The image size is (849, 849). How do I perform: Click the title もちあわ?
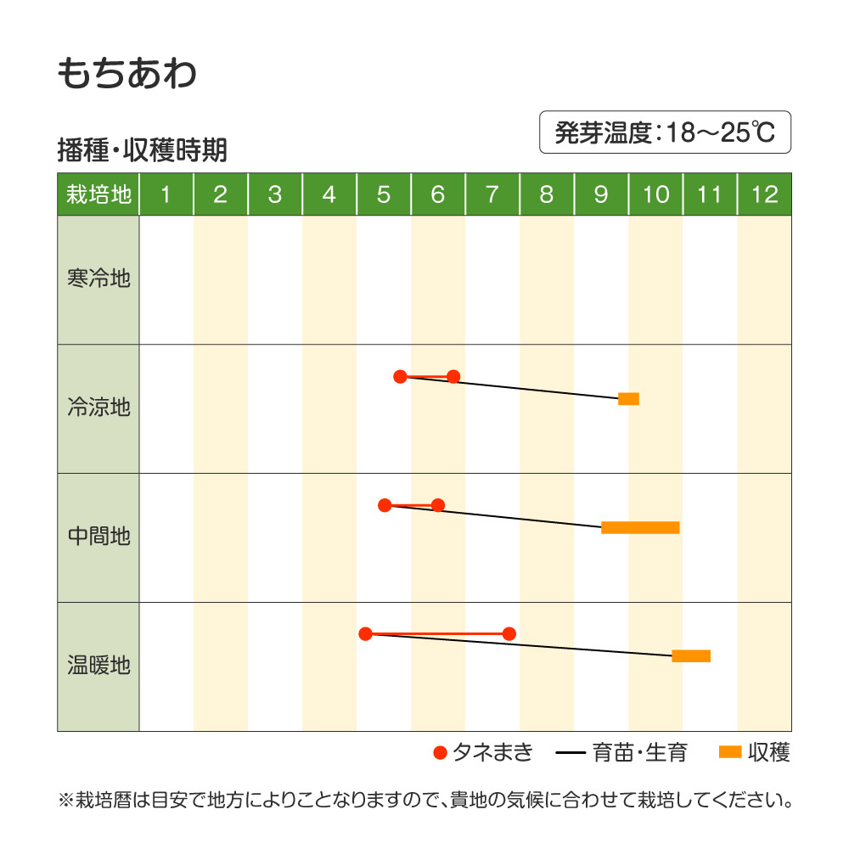point(127,74)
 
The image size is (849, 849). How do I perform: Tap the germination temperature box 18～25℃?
point(665,132)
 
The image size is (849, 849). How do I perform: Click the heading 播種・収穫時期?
point(142,151)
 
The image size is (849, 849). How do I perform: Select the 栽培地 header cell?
point(98,194)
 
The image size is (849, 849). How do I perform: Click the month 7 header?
point(492,194)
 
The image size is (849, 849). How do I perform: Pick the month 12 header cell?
point(764,194)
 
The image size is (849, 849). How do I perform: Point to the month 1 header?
point(166,194)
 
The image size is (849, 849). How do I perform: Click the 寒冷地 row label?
point(98,278)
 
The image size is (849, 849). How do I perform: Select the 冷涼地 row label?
point(98,408)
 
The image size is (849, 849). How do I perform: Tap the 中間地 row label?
point(98,537)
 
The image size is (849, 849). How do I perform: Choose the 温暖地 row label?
point(98,666)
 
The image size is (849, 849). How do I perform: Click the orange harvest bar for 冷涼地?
point(628,399)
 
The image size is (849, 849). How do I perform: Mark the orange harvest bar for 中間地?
point(640,528)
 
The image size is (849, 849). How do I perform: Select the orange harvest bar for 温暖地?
point(691,655)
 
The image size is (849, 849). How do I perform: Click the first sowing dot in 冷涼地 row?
point(401,376)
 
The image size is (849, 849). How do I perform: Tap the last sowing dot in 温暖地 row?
point(509,633)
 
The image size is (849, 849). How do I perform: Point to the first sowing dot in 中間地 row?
point(385,505)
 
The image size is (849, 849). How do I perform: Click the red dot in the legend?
point(440,752)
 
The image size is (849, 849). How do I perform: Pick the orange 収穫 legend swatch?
point(730,751)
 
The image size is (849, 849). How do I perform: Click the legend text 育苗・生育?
point(640,752)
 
